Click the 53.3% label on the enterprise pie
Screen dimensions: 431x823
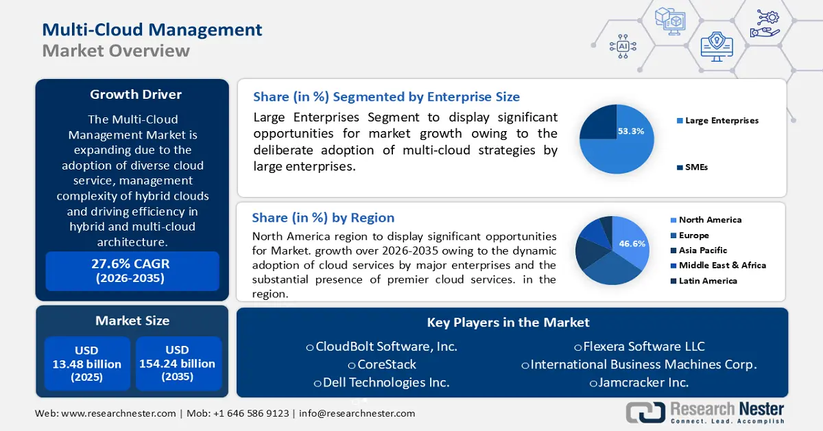(630, 131)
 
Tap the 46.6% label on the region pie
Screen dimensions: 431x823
(632, 244)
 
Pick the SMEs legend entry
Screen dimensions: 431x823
(696, 167)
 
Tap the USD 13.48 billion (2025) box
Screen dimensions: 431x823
(87, 364)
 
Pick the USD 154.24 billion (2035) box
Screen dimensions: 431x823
(178, 364)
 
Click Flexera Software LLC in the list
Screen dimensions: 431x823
(639, 347)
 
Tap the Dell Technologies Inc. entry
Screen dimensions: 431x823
(381, 382)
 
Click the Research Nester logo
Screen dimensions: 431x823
(705, 412)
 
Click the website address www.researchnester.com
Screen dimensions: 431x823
(119, 413)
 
